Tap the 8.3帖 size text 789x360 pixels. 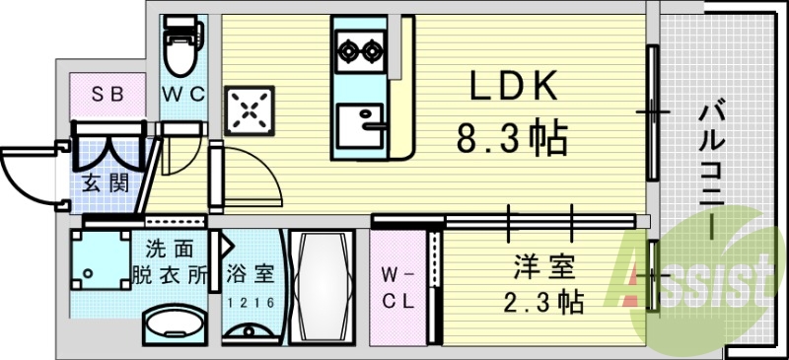tap(511, 138)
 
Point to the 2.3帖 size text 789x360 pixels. tap(543, 300)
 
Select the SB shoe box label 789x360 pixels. tap(104, 96)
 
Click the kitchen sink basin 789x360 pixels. tap(358, 125)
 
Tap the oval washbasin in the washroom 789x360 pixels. tap(175, 324)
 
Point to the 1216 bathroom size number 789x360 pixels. tap(250, 302)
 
